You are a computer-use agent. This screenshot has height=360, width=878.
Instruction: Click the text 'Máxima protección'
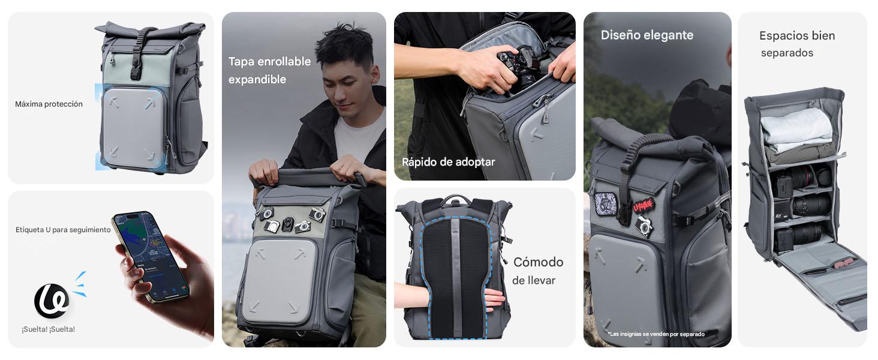(x=49, y=104)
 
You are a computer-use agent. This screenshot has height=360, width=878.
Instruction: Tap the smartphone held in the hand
(x=151, y=256)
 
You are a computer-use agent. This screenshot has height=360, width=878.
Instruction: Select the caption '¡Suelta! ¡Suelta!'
(x=49, y=329)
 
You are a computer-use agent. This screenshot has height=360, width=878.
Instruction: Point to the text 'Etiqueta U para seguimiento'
(x=63, y=230)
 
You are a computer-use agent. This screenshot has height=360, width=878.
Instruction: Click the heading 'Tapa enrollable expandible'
(x=269, y=70)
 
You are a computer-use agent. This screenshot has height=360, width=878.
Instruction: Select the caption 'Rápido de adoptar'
(x=448, y=162)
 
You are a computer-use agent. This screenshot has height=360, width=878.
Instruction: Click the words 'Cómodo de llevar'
(x=537, y=271)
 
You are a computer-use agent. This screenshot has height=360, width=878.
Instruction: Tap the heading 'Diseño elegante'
(x=647, y=35)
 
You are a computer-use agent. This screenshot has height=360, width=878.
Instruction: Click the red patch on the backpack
(x=644, y=206)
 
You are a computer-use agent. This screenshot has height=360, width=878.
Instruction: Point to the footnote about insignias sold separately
(x=656, y=334)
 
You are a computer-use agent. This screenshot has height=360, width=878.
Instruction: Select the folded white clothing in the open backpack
(x=796, y=130)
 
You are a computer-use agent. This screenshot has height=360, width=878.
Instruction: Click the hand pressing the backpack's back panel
(x=495, y=298)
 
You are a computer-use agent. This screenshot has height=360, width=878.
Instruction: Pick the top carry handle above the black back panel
(x=456, y=199)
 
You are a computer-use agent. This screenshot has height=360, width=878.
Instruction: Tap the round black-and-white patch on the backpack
(x=603, y=203)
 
